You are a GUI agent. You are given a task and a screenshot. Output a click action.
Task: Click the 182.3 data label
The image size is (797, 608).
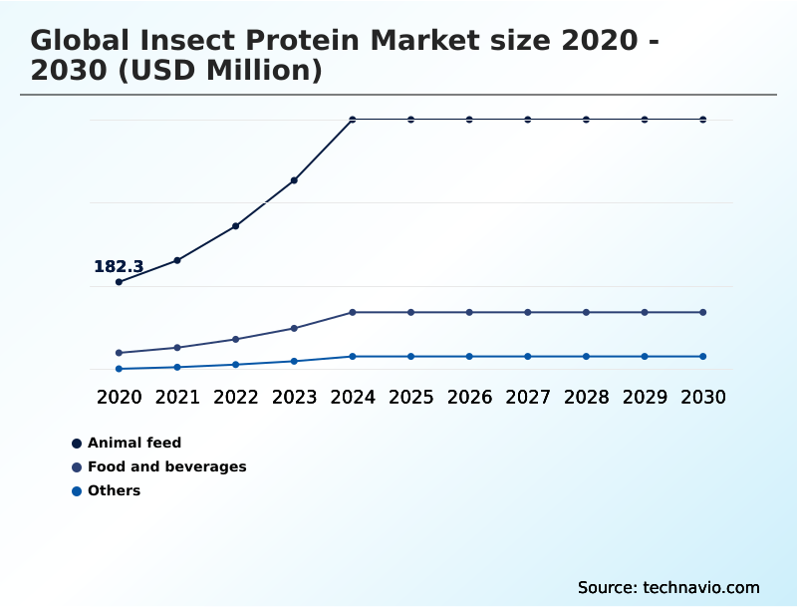pos(119,267)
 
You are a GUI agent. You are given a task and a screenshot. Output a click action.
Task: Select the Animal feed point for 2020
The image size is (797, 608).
pos(119,282)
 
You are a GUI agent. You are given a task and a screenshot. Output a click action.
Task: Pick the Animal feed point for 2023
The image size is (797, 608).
pos(294,180)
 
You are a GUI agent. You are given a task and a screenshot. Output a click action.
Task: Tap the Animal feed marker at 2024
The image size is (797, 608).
pos(353,120)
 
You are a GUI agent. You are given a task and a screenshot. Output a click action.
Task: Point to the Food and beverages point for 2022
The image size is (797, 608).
pos(236,339)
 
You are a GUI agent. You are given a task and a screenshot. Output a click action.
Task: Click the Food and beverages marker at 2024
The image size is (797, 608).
pos(353,312)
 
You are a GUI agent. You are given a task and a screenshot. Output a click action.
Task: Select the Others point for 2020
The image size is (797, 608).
pos(119,369)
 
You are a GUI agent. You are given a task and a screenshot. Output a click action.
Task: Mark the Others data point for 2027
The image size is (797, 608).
pos(528,356)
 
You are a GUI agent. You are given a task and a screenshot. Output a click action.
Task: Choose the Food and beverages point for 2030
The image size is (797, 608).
pos(703,312)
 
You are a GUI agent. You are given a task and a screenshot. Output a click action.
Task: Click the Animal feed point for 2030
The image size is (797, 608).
pos(703,120)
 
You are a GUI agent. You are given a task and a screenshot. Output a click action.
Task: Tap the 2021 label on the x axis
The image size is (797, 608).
pos(177,397)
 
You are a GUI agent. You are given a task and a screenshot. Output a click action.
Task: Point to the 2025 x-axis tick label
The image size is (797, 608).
pos(410,397)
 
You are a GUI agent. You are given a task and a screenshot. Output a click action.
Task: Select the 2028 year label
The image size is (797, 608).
pos(586,397)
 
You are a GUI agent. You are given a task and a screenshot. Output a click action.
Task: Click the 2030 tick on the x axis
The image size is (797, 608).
pos(703,397)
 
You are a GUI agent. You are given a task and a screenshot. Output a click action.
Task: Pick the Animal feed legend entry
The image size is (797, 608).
pos(134,443)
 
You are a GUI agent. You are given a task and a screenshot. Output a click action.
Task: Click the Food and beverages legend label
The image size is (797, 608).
pos(166,466)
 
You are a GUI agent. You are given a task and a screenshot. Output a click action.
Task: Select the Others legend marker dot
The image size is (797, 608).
pos(77,490)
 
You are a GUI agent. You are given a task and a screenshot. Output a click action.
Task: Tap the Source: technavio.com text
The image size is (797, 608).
pos(668,587)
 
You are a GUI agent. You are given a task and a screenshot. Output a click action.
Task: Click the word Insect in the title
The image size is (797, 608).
pos(193,42)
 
